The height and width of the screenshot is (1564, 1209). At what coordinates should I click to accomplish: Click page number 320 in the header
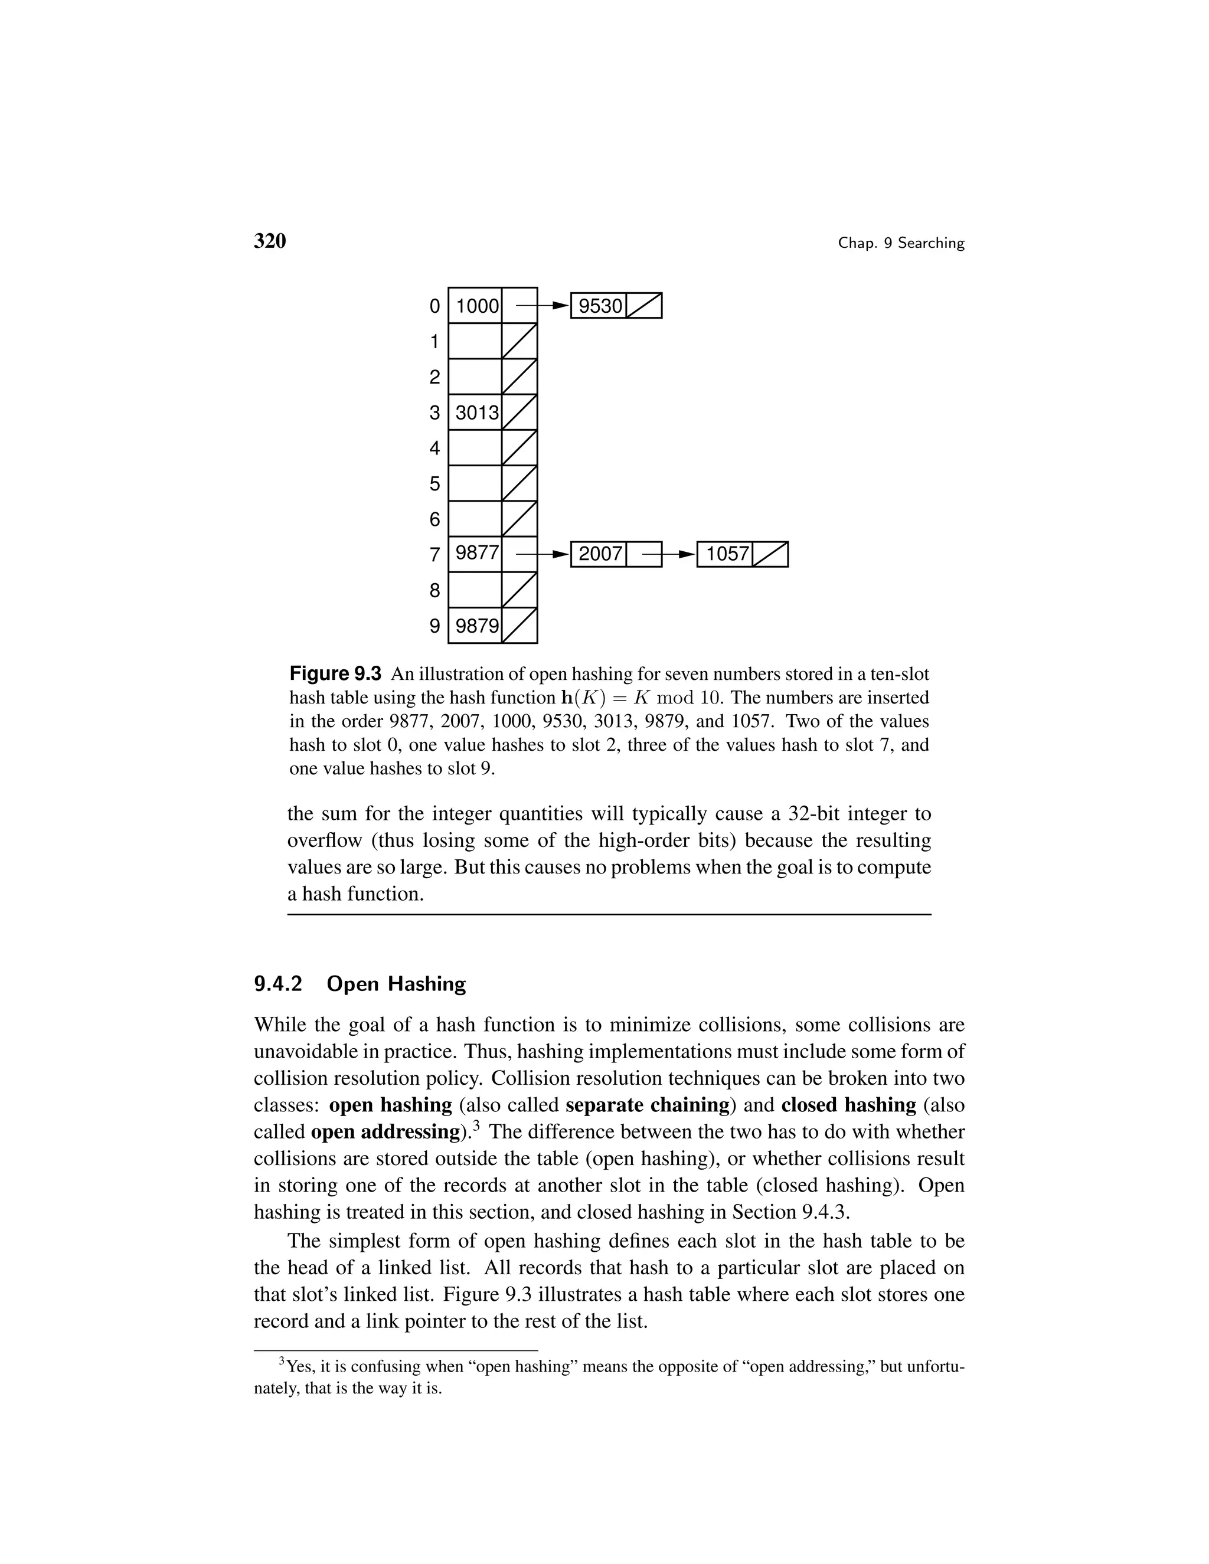[x=269, y=241]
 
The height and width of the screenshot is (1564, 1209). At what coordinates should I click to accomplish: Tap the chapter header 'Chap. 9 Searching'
[x=901, y=244]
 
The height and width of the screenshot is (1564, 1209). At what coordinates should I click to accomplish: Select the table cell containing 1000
[x=476, y=306]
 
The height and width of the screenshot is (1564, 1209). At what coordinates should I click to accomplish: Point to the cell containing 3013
[x=476, y=413]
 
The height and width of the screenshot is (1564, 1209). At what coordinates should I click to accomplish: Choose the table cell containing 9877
[x=476, y=554]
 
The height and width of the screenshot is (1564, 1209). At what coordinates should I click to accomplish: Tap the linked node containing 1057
[x=725, y=554]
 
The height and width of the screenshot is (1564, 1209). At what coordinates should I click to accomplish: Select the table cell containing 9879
[x=476, y=626]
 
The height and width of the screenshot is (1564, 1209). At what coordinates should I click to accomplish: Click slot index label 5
[x=434, y=484]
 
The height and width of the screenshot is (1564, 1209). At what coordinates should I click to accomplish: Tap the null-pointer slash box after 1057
[x=770, y=554]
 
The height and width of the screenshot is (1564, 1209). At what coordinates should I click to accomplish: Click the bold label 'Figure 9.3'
[x=335, y=674]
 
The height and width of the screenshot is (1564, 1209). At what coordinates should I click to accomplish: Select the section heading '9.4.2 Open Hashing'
[x=360, y=984]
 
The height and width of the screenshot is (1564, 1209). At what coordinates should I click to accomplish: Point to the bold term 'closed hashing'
[x=848, y=1105]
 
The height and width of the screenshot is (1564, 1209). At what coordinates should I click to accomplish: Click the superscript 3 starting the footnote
[x=282, y=1360]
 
